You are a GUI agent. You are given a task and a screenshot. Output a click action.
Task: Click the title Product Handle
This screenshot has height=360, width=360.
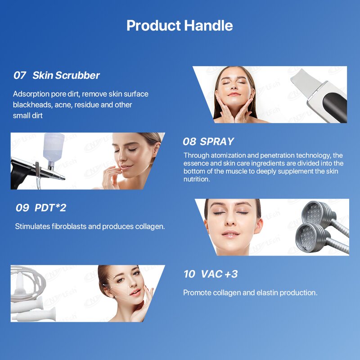click(x=180, y=26)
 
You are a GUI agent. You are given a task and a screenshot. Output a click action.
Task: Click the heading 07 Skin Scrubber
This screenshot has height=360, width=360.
click(x=57, y=75)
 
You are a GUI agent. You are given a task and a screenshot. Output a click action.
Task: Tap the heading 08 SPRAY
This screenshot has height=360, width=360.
click(x=208, y=141)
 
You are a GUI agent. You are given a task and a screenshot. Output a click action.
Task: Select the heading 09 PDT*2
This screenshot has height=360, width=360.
click(x=41, y=208)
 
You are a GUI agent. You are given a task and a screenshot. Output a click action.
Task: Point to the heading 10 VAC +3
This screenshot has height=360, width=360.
click(x=210, y=274)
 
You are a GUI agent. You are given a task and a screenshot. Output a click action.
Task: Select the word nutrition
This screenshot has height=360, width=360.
click(x=197, y=179)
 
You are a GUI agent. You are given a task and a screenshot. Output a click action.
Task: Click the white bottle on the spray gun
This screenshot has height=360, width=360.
click(x=53, y=147)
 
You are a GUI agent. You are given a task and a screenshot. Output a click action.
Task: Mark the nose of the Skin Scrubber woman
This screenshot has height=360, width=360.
click(x=234, y=87)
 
